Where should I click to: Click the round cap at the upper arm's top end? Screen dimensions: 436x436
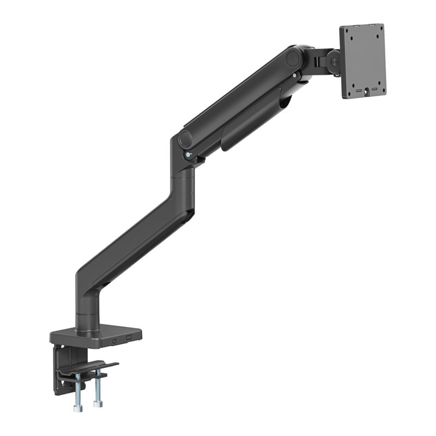tap(294, 58)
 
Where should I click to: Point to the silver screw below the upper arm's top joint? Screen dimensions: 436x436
tap(295, 76)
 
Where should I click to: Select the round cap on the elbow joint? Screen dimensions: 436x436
tap(186, 138)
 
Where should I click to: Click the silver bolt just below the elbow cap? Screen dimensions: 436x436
tap(188, 155)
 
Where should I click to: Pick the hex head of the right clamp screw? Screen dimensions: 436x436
tap(97, 404)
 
